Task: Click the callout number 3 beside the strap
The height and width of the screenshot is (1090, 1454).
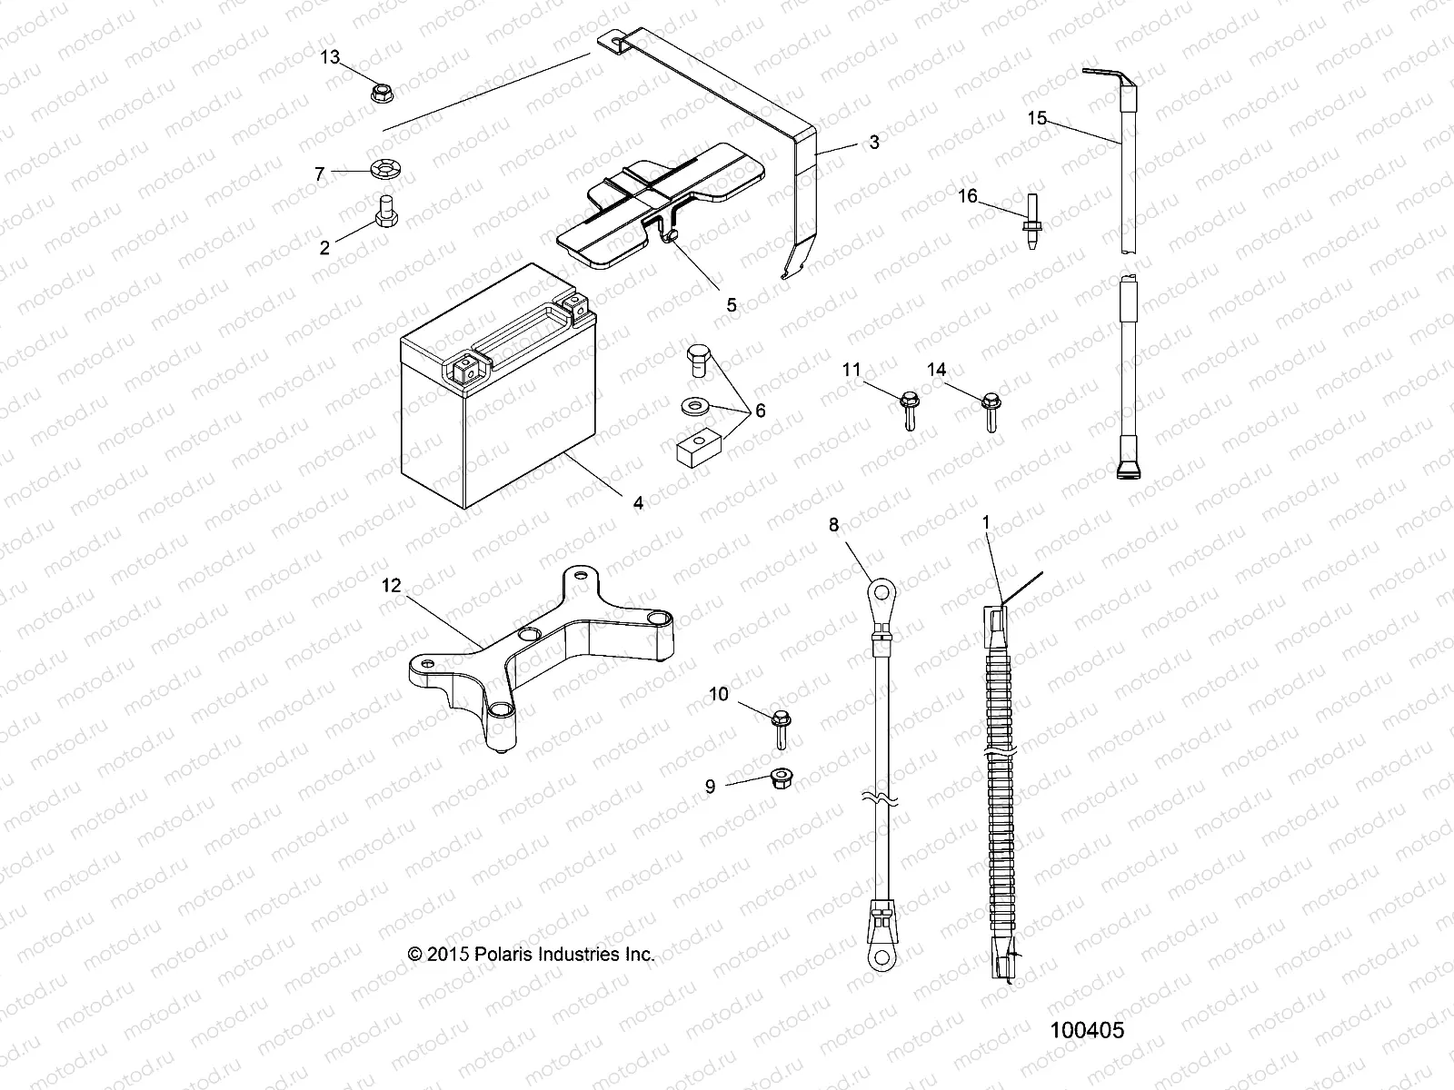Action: tap(873, 142)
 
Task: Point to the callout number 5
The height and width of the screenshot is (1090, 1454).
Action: tap(732, 305)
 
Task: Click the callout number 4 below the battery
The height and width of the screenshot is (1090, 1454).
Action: tap(638, 502)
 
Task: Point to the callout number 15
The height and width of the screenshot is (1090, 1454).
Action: tap(1037, 118)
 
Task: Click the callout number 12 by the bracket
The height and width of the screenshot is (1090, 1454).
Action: tap(391, 587)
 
